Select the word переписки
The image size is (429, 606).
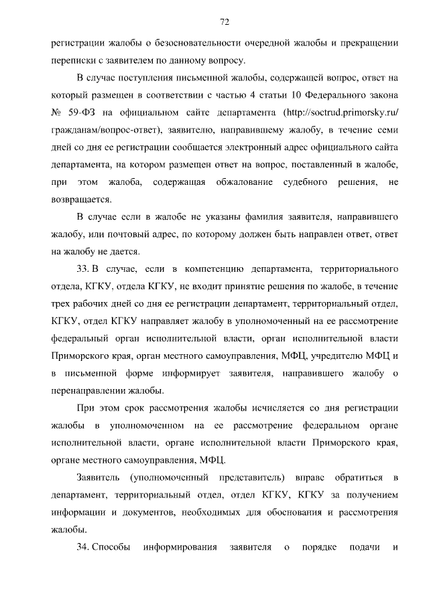72,60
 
